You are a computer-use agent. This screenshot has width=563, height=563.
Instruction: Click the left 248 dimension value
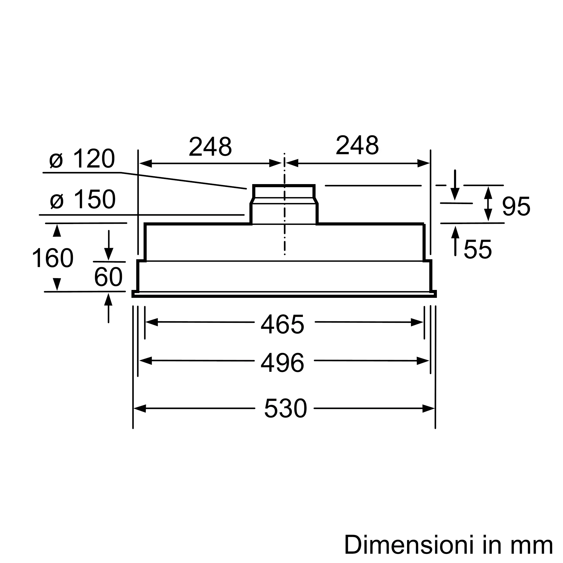click(x=210, y=146)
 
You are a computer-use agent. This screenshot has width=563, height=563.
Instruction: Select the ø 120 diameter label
click(x=82, y=159)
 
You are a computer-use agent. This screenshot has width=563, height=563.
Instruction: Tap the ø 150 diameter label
click(x=83, y=199)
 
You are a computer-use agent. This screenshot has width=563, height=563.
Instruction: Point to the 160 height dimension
click(x=53, y=258)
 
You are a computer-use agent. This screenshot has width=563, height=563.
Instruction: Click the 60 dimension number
click(x=108, y=277)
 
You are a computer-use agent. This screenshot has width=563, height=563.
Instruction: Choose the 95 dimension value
click(x=516, y=206)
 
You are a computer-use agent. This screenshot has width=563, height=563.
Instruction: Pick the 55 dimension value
click(x=478, y=249)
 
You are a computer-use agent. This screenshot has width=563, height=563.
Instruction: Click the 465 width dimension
click(x=282, y=324)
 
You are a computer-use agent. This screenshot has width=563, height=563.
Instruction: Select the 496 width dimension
click(x=282, y=363)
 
